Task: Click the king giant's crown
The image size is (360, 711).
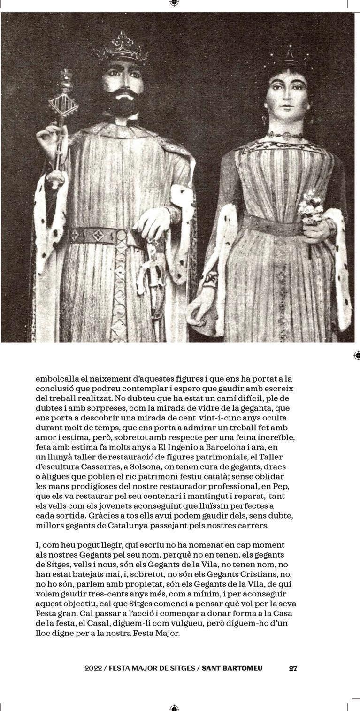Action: click(x=123, y=49)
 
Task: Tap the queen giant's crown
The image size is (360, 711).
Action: click(x=288, y=59)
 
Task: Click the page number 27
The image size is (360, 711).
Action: click(x=293, y=668)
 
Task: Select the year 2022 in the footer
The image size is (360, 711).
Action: click(x=93, y=668)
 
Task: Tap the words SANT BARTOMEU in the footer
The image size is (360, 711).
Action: click(x=232, y=668)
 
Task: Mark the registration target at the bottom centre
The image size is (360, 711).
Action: click(x=174, y=708)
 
